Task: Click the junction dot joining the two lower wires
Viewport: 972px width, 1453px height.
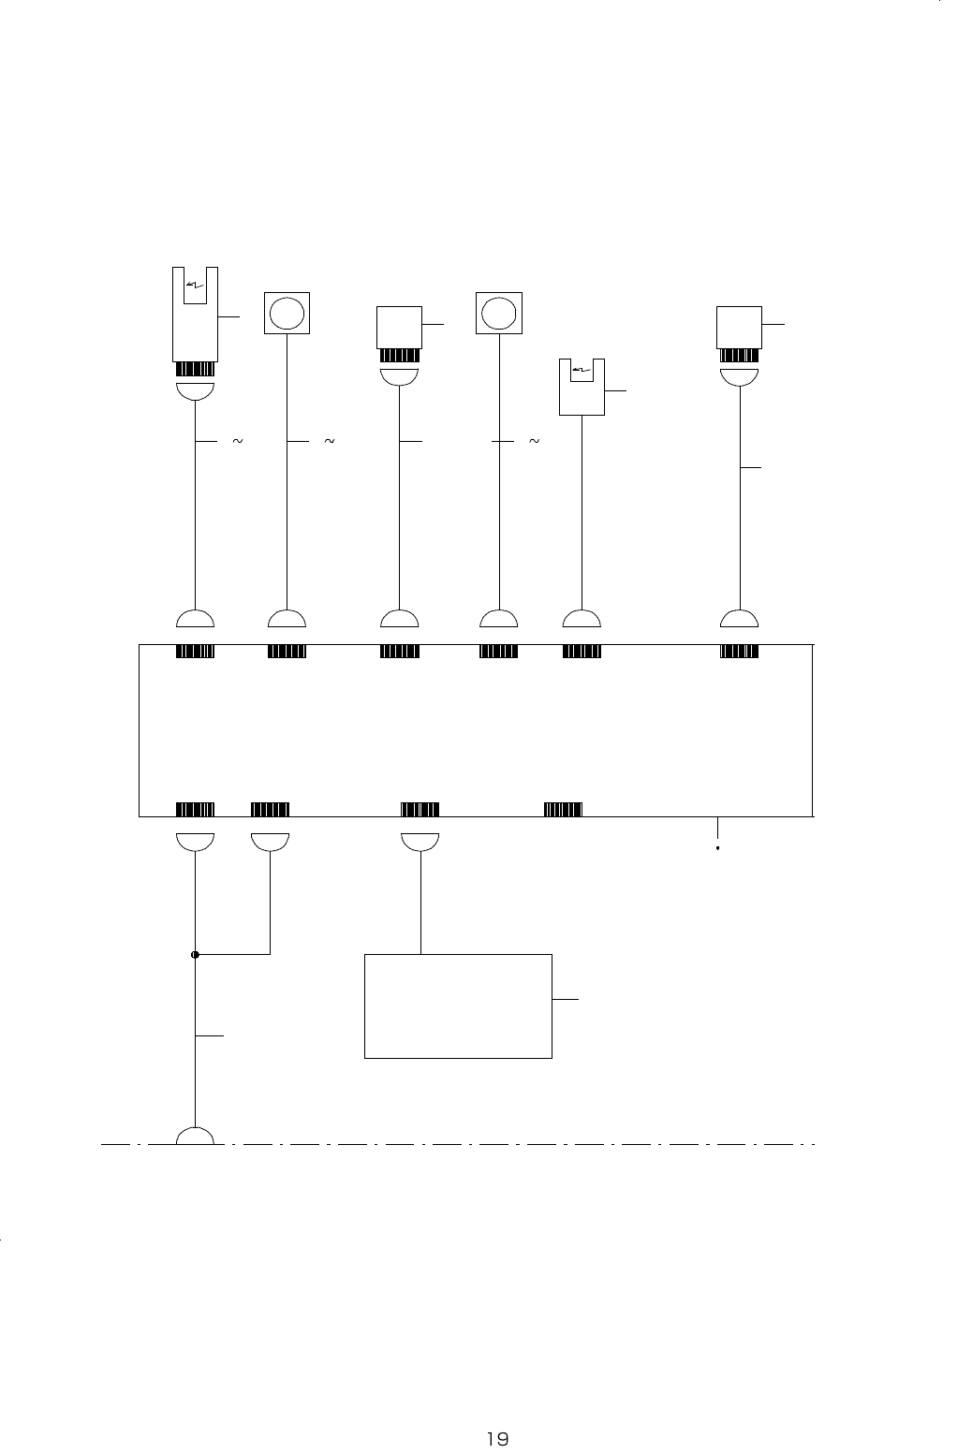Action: click(195, 955)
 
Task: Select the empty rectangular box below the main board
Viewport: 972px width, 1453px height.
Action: click(457, 1006)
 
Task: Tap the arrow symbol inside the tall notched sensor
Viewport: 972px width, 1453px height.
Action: click(195, 284)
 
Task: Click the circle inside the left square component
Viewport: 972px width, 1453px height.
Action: click(286, 313)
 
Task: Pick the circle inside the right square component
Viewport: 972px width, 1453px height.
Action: click(498, 313)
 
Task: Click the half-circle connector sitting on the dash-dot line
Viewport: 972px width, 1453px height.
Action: click(195, 1136)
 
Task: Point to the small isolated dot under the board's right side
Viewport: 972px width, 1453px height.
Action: click(717, 849)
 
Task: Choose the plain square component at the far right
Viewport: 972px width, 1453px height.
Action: click(740, 328)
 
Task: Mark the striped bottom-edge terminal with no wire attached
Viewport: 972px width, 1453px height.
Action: click(563, 810)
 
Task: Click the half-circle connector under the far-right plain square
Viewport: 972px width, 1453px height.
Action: click(740, 376)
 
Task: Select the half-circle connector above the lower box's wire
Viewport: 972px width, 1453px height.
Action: click(420, 842)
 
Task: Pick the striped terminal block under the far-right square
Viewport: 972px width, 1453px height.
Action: click(740, 356)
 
